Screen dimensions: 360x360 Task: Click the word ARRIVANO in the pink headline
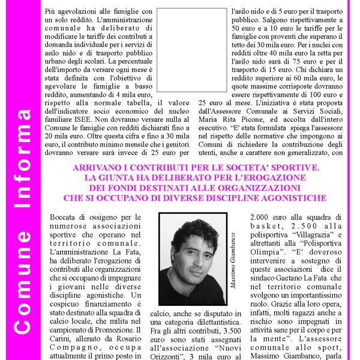(x=97, y=167)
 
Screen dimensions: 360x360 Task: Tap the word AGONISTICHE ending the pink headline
(x=286, y=197)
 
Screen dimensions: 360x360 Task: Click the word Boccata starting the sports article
(x=65, y=217)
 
